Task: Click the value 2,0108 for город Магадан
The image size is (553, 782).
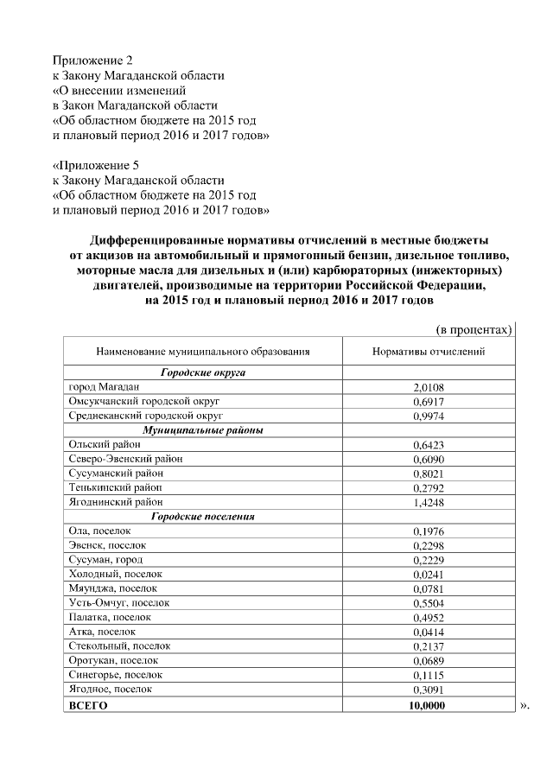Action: pyautogui.click(x=428, y=388)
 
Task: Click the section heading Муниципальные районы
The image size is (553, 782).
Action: pyautogui.click(x=203, y=430)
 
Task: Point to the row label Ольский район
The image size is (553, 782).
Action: pyautogui.click(x=104, y=444)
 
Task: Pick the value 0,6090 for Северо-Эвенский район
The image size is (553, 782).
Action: pyautogui.click(x=428, y=459)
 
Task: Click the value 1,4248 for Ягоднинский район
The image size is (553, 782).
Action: pyautogui.click(x=428, y=501)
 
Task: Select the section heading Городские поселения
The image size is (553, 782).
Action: pyautogui.click(x=203, y=516)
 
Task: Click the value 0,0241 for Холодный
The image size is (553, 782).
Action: pyautogui.click(x=428, y=574)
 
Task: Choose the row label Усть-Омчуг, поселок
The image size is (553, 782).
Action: pyautogui.click(x=118, y=602)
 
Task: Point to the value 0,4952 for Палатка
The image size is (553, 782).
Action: pyautogui.click(x=428, y=617)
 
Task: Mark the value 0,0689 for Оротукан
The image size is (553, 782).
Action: pyautogui.click(x=428, y=660)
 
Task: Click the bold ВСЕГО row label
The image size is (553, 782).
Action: pyautogui.click(x=88, y=705)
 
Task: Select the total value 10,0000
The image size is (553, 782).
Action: pyautogui.click(x=428, y=705)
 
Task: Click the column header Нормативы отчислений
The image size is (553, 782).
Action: pyautogui.click(x=428, y=352)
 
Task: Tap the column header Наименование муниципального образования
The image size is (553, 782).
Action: pyautogui.click(x=203, y=352)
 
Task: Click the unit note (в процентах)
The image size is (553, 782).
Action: pyautogui.click(x=472, y=329)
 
